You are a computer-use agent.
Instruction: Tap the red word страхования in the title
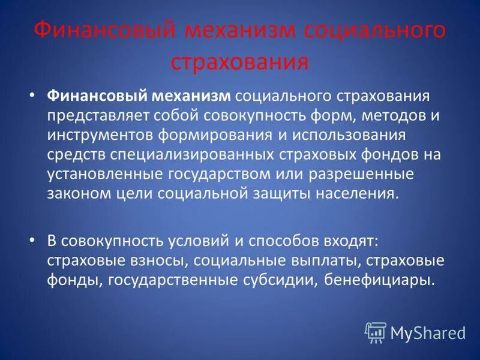tap(240, 62)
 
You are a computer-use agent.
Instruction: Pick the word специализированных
tap(193, 155)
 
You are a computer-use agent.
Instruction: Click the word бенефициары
tap(379, 280)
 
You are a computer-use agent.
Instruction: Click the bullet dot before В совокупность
tap(33, 242)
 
